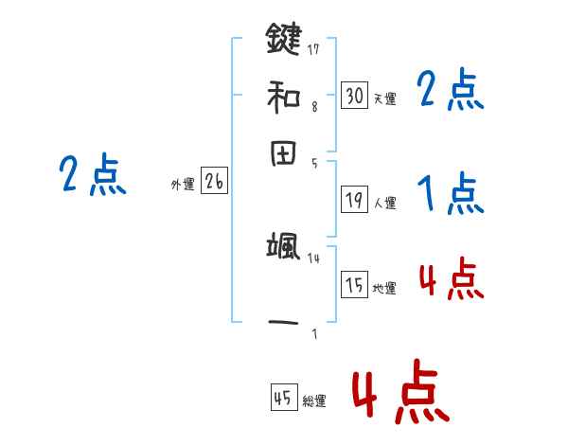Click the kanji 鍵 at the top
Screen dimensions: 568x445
pos(283,41)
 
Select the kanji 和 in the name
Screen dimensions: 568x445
pos(283,97)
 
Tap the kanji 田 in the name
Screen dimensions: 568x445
pos(283,153)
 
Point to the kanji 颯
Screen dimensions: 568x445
pos(283,249)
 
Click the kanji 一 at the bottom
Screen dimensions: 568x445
pos(283,323)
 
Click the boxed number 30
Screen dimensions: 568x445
pos(354,95)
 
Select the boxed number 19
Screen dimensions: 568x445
pos(354,199)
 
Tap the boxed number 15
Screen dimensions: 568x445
pos(354,285)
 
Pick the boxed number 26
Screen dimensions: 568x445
pos(213,183)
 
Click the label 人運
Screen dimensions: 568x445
pos(384,203)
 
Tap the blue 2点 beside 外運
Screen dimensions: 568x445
pos(92,176)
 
